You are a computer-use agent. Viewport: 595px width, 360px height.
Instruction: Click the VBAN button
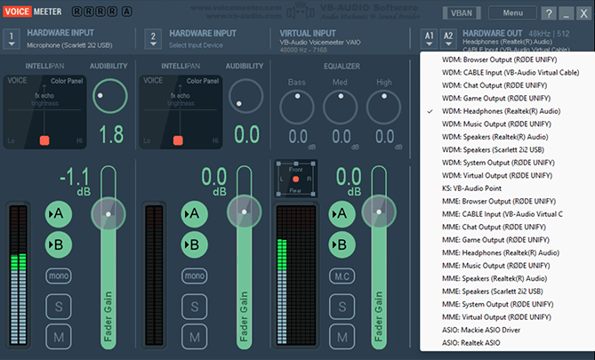(460, 13)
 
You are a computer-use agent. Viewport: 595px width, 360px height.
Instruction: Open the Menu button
(512, 13)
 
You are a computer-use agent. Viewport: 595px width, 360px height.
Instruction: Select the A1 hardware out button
(430, 38)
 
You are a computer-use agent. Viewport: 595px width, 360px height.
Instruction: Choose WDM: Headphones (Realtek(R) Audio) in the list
(501, 111)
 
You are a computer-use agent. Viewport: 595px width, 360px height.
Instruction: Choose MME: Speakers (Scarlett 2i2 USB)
(492, 291)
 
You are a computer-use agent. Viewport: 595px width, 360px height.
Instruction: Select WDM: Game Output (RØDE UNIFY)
(495, 98)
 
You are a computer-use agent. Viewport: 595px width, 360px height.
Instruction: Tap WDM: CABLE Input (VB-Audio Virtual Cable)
(511, 72)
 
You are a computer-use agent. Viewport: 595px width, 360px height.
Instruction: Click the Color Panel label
(66, 81)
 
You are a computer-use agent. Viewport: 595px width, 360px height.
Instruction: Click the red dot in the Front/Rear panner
(295, 179)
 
